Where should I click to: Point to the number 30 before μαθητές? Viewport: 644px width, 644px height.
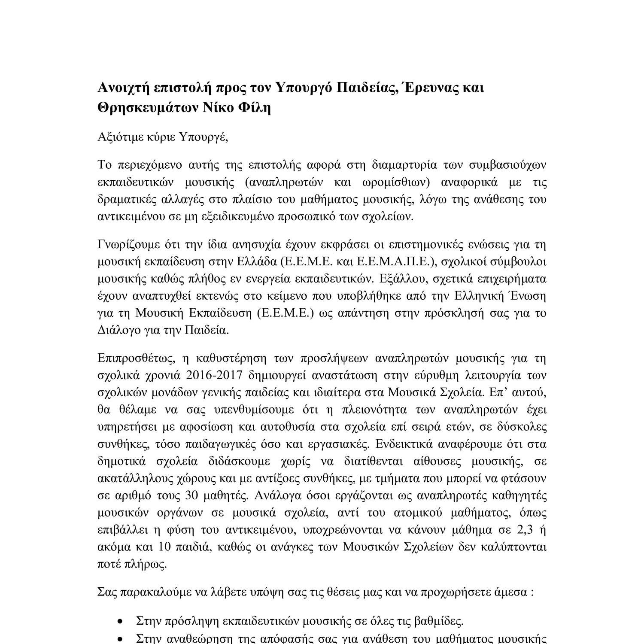pyautogui.click(x=191, y=495)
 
